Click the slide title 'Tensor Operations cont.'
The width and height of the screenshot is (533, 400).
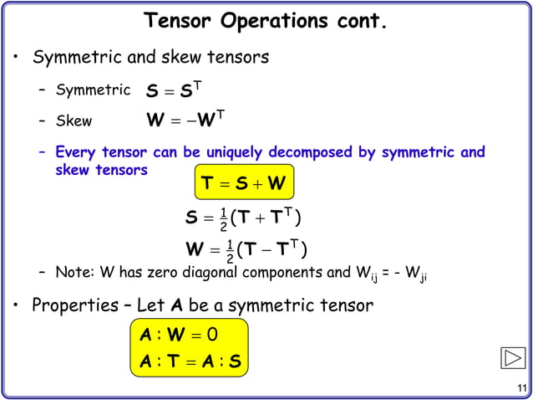[x=266, y=20]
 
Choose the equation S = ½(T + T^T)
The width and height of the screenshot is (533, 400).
[x=243, y=219]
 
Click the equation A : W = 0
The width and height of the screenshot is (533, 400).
[x=177, y=335]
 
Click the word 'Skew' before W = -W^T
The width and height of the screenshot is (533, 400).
[x=74, y=121]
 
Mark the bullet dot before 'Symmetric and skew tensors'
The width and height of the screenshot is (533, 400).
[x=16, y=59]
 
